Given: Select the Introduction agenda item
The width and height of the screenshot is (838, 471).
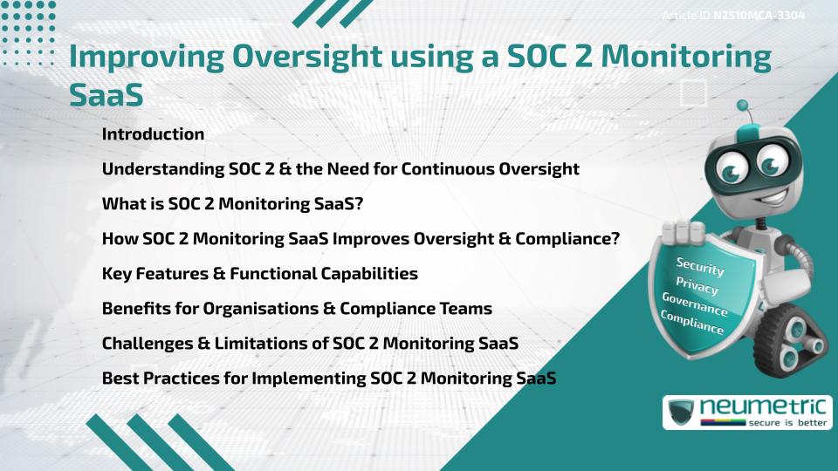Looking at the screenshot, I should click(153, 134).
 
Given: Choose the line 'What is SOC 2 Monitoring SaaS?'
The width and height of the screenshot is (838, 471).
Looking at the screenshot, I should click(232, 204).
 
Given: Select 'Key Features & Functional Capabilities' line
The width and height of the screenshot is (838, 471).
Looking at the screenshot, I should click(259, 274).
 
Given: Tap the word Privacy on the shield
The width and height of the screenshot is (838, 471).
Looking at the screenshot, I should click(697, 285).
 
